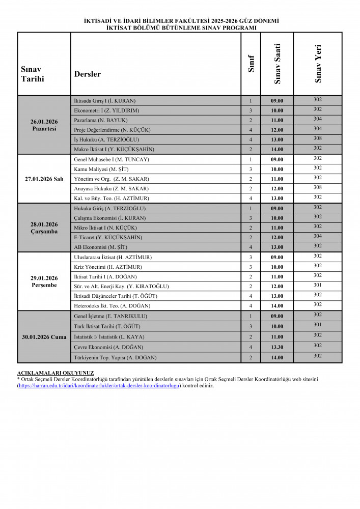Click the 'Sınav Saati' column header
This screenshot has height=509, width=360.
coord(277,64)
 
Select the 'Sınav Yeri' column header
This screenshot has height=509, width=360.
coord(318,64)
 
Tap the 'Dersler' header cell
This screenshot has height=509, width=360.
coord(88,74)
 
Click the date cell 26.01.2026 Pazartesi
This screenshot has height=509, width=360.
coord(44,125)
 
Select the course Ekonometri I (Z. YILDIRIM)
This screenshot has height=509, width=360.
coord(106,110)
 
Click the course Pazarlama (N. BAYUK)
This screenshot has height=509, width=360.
coord(100,120)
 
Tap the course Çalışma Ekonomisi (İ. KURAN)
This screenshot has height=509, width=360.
coord(109,218)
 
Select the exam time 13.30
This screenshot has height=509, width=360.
coord(277,347)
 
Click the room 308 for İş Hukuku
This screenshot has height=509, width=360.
coord(318,138)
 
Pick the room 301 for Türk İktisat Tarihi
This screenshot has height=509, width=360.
coord(318,325)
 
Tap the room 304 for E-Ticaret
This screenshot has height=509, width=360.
coord(318,236)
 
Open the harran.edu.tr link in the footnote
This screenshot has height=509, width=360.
coord(99,385)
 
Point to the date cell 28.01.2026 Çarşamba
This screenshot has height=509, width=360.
coord(44,228)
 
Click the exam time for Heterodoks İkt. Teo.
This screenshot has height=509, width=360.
coord(277,306)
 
